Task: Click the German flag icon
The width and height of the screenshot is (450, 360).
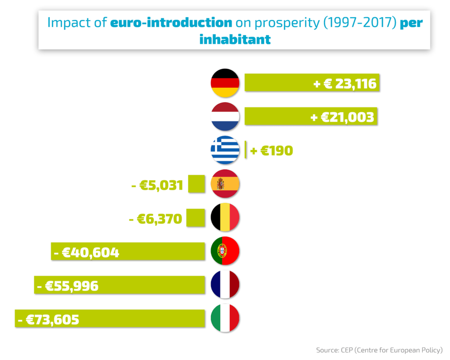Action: tap(225, 83)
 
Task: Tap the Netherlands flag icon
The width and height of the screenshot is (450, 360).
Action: tap(225, 117)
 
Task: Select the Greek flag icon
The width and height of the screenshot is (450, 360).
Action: tap(225, 150)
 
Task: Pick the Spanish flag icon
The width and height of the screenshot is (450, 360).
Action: tap(225, 184)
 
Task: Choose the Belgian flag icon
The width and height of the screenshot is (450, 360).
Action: tap(225, 217)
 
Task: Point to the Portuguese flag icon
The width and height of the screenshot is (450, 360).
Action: tap(225, 251)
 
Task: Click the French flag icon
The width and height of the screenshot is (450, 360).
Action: tap(225, 284)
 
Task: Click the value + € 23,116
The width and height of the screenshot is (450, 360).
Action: tap(345, 83)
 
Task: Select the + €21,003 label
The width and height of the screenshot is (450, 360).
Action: tap(342, 117)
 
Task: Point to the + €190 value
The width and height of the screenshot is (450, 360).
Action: tap(271, 151)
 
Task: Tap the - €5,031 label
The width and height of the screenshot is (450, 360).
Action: tap(157, 185)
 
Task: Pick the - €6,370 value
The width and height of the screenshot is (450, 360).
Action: tap(155, 218)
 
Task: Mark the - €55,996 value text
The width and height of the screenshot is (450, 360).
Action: tap(68, 286)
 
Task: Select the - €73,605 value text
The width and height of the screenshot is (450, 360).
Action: tap(49, 319)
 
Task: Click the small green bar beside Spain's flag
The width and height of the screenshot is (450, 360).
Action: tap(196, 184)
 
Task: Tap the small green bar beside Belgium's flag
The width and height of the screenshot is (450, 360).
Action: tap(196, 217)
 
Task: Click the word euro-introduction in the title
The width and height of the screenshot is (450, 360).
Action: tap(171, 22)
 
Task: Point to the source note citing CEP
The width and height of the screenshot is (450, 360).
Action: tap(379, 350)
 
